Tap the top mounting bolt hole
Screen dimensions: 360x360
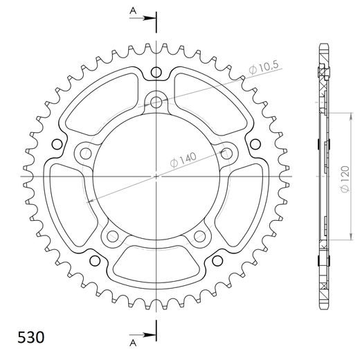[157, 102]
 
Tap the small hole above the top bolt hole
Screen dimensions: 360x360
[157, 72]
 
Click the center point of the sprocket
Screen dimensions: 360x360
[157, 176]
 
